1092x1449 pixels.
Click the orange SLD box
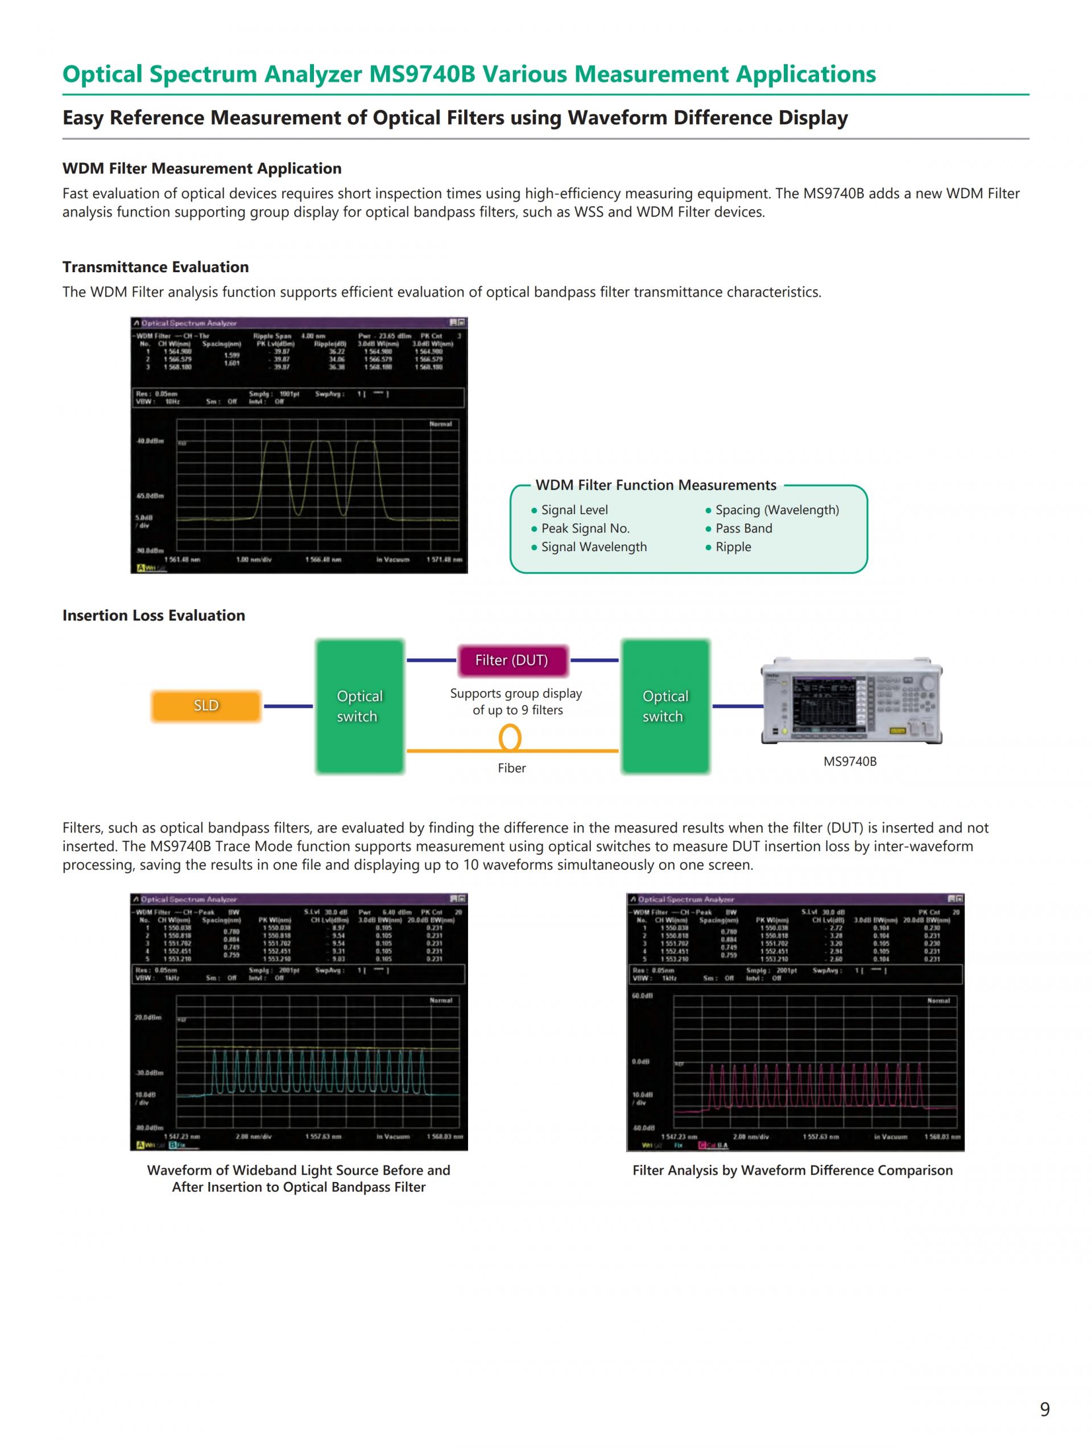pos(206,706)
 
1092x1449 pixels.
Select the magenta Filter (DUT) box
pos(511,660)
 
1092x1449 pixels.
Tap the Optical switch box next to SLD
pos(359,706)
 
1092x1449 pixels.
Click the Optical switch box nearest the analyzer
pos(665,706)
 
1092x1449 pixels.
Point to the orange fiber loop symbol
pos(510,738)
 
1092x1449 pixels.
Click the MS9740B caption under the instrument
pos(850,761)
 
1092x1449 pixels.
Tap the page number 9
pos(1045,1409)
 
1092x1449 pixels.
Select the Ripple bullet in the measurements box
pos(733,547)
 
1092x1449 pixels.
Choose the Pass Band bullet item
pos(743,528)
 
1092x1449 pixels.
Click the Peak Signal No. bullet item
pos(585,528)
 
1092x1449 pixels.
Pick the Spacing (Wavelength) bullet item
pos(777,510)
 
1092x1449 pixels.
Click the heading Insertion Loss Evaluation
pos(154,615)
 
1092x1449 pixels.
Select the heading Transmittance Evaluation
pos(155,267)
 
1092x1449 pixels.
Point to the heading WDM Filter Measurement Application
pos(202,168)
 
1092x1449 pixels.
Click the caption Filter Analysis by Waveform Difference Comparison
pos(792,1170)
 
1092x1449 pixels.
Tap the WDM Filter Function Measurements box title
pos(655,485)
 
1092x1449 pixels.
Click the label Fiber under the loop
pos(511,768)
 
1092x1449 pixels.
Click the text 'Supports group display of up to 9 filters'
pos(516,702)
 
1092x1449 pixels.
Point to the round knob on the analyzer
pos(928,682)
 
